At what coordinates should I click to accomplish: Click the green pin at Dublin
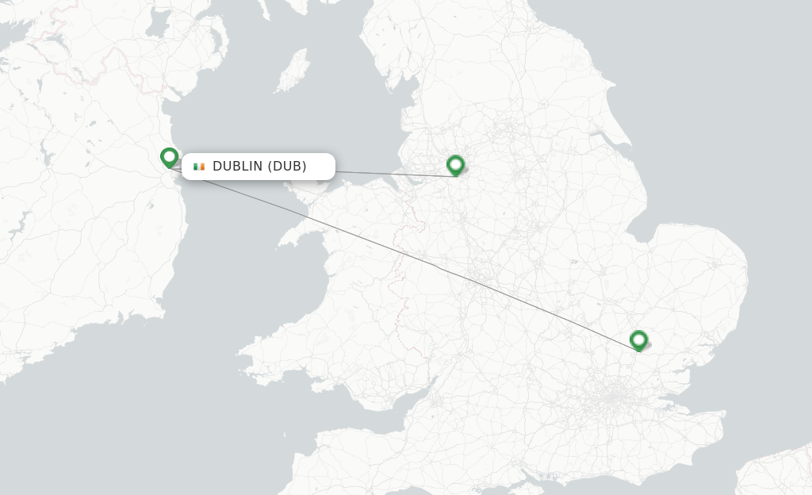click(x=169, y=157)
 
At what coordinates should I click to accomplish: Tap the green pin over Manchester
click(x=455, y=165)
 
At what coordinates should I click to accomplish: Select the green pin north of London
click(x=638, y=340)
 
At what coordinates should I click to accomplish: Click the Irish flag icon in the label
click(x=199, y=167)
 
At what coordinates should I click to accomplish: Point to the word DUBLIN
click(x=237, y=167)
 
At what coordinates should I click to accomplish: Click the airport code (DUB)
click(x=287, y=167)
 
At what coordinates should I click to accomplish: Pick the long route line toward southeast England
click(x=444, y=270)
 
